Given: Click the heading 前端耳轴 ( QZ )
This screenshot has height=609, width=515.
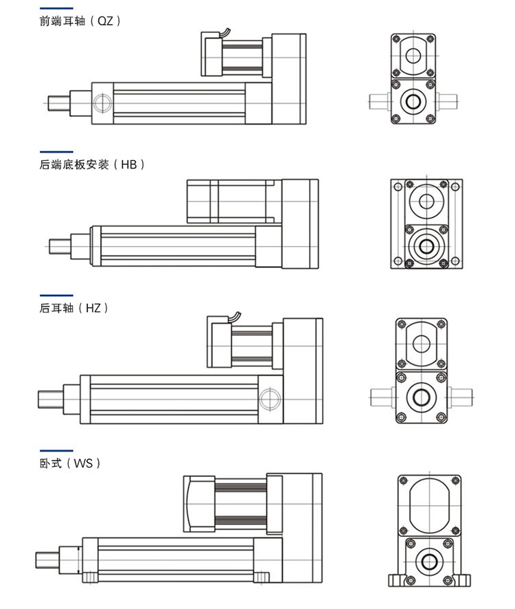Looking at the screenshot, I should (80, 21).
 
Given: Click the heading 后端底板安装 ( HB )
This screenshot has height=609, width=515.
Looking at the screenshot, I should (92, 164).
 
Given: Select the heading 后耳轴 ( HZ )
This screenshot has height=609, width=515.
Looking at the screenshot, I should (74, 308).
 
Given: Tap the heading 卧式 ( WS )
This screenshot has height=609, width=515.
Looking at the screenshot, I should (71, 463).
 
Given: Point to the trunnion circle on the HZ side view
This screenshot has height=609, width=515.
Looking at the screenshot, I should (269, 398).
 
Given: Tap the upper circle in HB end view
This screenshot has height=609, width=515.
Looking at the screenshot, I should (427, 202).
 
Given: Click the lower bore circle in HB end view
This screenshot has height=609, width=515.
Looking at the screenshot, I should (427, 245).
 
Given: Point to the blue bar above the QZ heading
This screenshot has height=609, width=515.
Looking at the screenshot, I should (56, 8).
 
